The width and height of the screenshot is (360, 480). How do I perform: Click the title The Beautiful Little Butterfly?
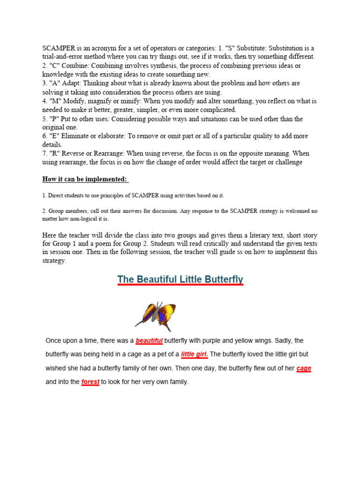[x=180, y=280]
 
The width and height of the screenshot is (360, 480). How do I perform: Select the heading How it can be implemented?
[x=85, y=179]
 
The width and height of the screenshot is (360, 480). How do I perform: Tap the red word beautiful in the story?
[x=149, y=340]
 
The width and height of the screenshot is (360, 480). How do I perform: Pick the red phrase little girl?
[x=195, y=354]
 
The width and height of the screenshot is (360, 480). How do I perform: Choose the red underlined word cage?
[x=304, y=368]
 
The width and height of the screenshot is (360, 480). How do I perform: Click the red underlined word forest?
[x=90, y=382]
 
